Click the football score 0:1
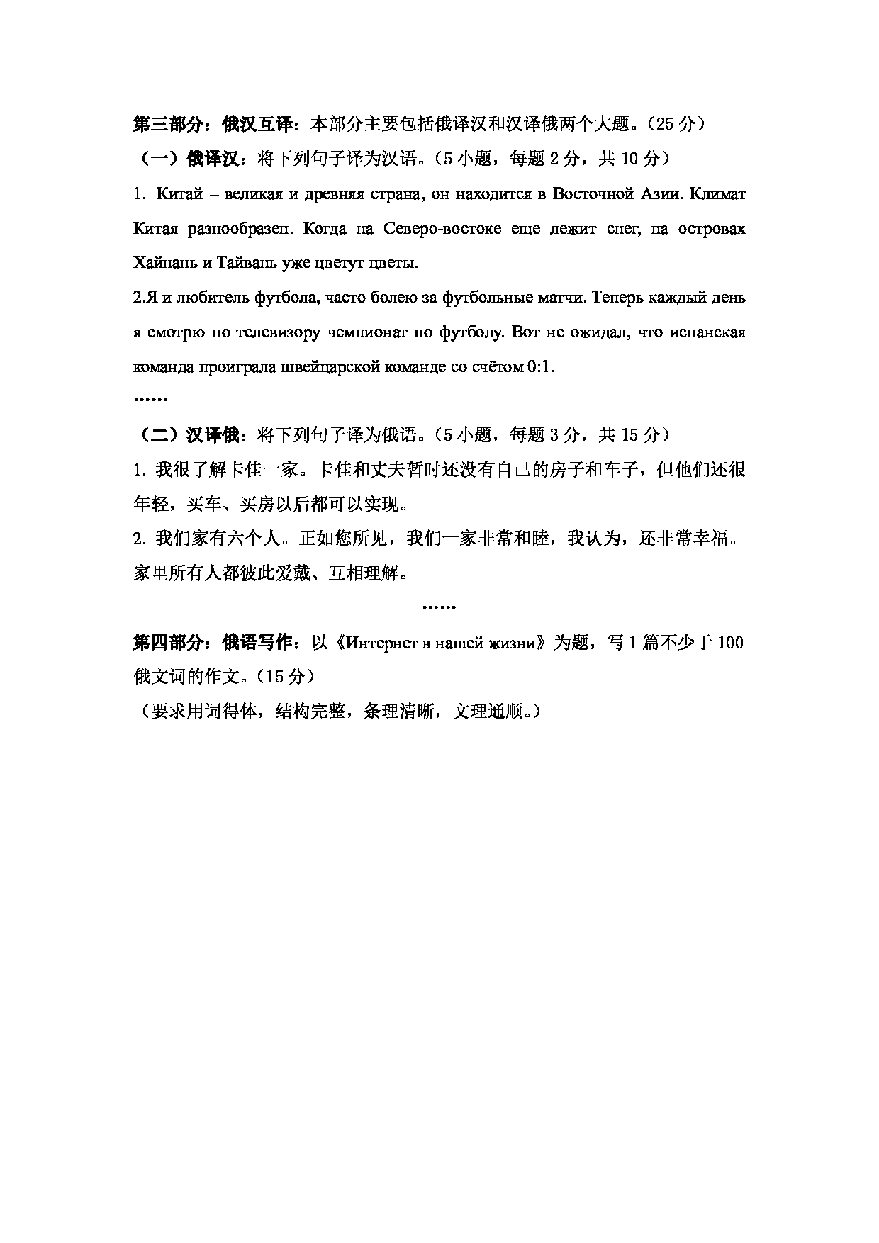(542, 367)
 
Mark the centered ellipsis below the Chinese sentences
(439, 607)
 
